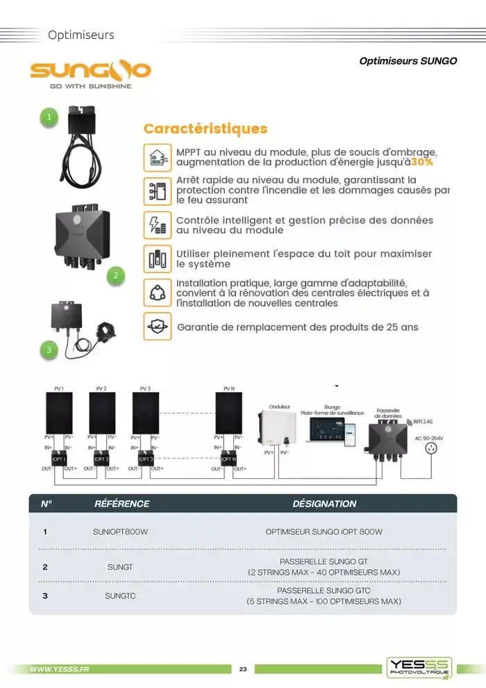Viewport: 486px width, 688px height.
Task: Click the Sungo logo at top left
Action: (x=90, y=73)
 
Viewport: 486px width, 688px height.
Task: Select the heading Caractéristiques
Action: (x=205, y=129)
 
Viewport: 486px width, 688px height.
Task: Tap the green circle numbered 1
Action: (x=49, y=117)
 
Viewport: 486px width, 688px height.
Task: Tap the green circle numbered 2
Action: (x=116, y=276)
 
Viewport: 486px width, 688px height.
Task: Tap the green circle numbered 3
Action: (x=49, y=350)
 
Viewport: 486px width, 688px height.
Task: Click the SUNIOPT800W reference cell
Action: (x=120, y=532)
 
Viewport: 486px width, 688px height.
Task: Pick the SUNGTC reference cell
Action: (x=120, y=595)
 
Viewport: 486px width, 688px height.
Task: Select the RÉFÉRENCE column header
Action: (x=121, y=504)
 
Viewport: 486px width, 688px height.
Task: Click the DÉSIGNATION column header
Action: (x=324, y=504)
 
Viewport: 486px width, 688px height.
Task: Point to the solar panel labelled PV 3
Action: (x=145, y=413)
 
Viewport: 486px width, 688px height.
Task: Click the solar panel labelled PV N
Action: (x=228, y=413)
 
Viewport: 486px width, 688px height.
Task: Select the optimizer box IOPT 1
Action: (x=58, y=459)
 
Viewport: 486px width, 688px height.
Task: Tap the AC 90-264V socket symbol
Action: (x=434, y=448)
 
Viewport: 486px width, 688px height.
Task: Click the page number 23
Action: (x=243, y=669)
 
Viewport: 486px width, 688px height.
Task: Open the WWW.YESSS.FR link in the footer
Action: (x=60, y=669)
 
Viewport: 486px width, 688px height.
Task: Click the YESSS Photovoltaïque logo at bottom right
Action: (x=419, y=667)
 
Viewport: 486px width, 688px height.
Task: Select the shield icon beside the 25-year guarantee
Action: (x=157, y=327)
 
